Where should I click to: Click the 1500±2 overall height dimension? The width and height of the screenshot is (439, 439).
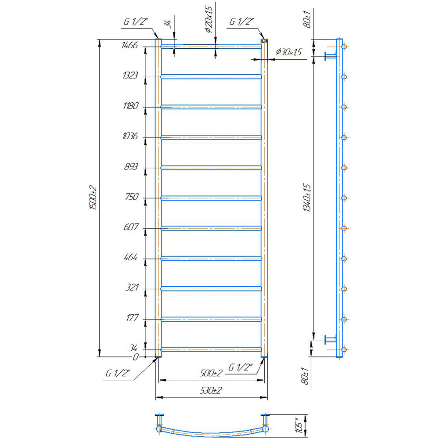pyautogui.click(x=93, y=198)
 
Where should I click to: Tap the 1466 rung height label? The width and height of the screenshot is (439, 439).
pyautogui.click(x=130, y=45)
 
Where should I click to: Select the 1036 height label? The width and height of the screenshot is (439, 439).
pyautogui.click(x=130, y=136)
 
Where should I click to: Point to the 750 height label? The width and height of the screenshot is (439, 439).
pyautogui.click(x=132, y=197)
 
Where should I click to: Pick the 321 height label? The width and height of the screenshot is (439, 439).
pyautogui.click(x=132, y=287)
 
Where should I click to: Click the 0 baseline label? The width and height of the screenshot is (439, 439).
pyautogui.click(x=136, y=357)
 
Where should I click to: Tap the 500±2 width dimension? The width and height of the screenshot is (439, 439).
pyautogui.click(x=211, y=373)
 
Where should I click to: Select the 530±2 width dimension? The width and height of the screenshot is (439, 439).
pyautogui.click(x=211, y=390)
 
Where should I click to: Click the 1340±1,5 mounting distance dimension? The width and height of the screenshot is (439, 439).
pyautogui.click(x=307, y=198)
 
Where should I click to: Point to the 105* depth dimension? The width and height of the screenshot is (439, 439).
pyautogui.click(x=299, y=425)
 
